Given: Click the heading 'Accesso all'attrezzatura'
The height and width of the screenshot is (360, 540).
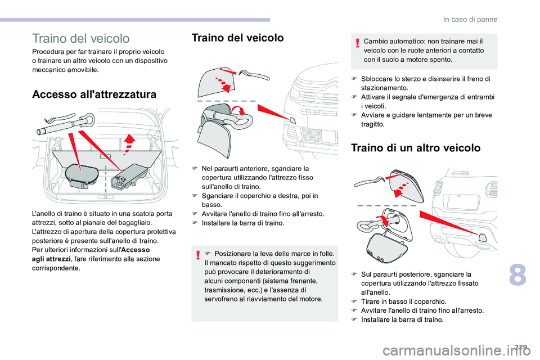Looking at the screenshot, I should click(x=94, y=94).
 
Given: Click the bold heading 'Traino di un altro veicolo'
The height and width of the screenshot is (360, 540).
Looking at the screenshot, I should click(x=415, y=148).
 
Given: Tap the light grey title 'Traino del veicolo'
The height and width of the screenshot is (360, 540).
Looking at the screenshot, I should click(x=82, y=39).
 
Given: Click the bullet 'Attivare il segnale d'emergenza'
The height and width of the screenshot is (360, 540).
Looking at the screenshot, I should click(x=423, y=97).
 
